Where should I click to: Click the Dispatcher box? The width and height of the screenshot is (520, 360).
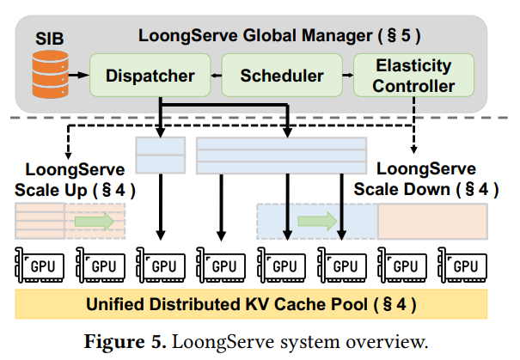coord(138,76)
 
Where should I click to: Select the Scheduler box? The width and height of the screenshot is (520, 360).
coord(283,76)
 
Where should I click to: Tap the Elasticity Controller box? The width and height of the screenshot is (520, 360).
coord(414,76)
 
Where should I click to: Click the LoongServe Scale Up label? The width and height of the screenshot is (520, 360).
coord(74,179)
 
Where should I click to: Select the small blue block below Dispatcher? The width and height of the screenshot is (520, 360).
coord(161,154)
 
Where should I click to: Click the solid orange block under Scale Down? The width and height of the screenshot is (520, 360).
coord(432,221)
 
